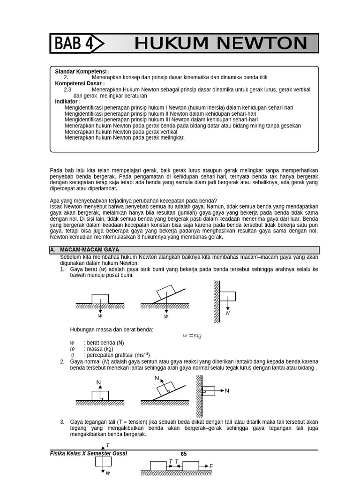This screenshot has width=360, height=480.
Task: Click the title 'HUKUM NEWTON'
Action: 220,44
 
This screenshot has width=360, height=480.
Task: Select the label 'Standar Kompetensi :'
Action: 82,71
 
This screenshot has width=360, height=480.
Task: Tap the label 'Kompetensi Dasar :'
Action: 80,83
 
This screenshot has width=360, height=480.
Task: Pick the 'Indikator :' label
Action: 68,101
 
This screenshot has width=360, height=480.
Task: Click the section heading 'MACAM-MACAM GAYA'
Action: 90,250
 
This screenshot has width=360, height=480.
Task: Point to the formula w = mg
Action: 192,336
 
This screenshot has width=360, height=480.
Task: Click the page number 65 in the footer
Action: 184,454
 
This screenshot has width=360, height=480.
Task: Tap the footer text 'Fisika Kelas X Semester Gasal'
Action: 88,454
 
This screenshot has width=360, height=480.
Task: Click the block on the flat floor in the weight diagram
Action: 100,299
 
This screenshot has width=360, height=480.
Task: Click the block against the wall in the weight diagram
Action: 228,296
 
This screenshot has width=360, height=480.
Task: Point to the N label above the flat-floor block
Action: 99,382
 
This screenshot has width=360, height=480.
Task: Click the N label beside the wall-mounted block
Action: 227,390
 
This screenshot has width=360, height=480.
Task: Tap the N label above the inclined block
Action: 157,378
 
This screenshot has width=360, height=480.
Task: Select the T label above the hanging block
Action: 107,445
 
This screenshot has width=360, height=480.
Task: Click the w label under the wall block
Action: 228,313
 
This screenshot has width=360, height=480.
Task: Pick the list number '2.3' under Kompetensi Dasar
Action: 67,90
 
